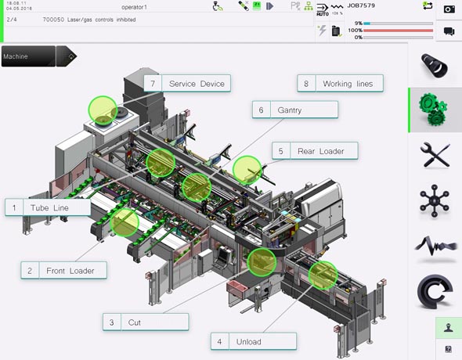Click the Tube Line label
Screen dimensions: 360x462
pos(49,207)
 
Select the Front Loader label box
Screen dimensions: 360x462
pos(70,271)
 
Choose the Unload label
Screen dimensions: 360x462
pos(249,341)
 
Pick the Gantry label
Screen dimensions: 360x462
pos(289,110)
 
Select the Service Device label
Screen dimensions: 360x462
pos(196,84)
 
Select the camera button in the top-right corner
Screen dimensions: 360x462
pos(449,9)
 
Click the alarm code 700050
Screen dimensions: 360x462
pos(53,18)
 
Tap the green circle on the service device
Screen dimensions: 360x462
pos(102,110)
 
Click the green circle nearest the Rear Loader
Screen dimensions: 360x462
pos(247,169)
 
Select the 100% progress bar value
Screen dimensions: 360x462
pos(358,31)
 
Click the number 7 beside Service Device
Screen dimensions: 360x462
pos(153,84)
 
